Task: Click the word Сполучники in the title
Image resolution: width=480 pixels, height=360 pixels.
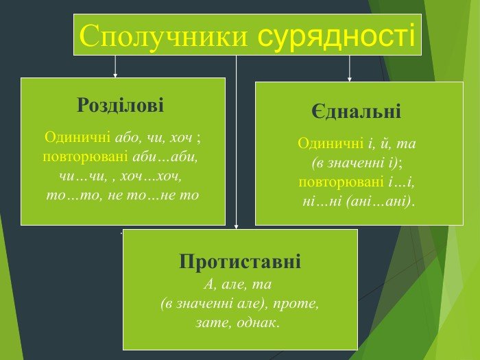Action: coord(163,35)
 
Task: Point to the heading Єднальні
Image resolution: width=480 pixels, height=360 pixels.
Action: coord(356,112)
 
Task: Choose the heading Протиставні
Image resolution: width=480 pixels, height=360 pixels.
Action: coord(240,261)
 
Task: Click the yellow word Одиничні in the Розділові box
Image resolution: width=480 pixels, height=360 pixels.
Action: coord(77,137)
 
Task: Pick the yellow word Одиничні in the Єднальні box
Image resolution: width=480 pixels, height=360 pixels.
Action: coord(331,144)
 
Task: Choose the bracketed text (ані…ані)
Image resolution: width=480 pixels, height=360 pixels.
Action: coord(380,202)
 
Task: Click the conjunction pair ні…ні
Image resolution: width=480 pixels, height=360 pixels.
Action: coord(323,202)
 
